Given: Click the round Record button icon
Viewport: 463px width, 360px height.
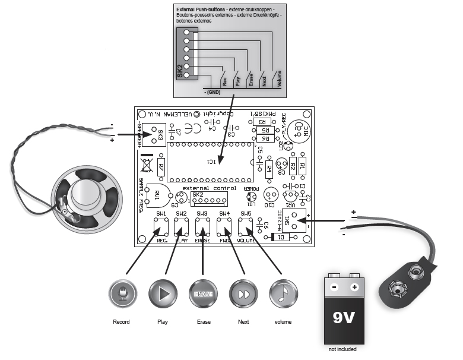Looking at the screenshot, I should click(x=123, y=293).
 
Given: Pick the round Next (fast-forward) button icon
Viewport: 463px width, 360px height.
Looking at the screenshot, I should click(x=243, y=293).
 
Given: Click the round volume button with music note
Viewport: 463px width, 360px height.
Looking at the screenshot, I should click(x=283, y=293).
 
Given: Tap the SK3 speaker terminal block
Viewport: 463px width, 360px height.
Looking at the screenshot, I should click(x=156, y=134).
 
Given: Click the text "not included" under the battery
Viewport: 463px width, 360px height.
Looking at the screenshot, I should click(x=343, y=349).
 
